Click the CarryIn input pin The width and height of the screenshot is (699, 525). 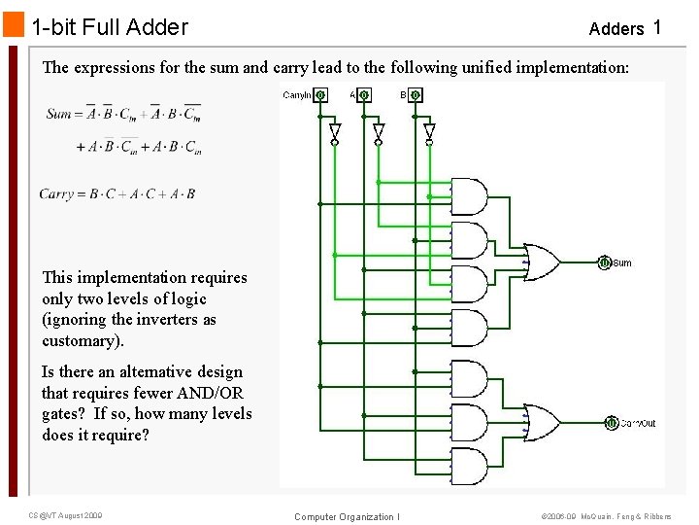click(x=320, y=95)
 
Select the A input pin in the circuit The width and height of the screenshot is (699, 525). click(x=364, y=95)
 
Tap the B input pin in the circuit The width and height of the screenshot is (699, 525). click(x=415, y=95)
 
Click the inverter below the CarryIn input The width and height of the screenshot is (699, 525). click(x=335, y=131)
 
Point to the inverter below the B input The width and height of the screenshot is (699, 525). click(x=429, y=131)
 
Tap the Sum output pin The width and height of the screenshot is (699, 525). click(x=604, y=262)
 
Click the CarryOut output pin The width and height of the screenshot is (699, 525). click(x=612, y=422)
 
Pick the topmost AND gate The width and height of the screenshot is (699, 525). click(x=471, y=196)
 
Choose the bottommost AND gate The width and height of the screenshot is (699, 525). click(x=471, y=468)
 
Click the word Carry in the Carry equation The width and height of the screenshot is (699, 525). click(x=56, y=193)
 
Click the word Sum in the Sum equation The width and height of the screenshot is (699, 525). click(x=59, y=114)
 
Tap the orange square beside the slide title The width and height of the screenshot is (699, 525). click(x=13, y=25)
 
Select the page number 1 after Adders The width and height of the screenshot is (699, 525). click(x=657, y=27)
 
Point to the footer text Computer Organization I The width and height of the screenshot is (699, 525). click(x=347, y=516)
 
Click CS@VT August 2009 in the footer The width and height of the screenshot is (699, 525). click(x=65, y=514)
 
